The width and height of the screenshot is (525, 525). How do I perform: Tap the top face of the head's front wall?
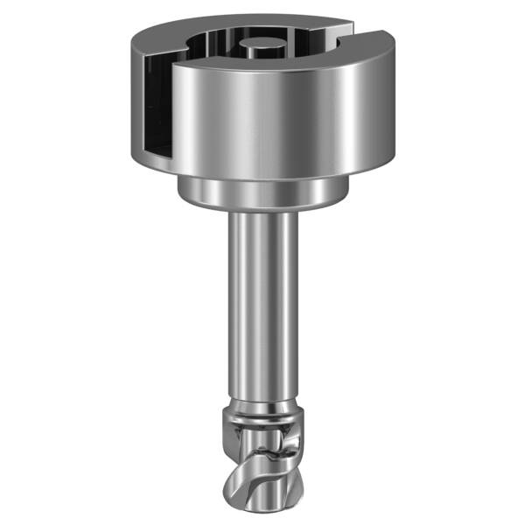262,64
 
